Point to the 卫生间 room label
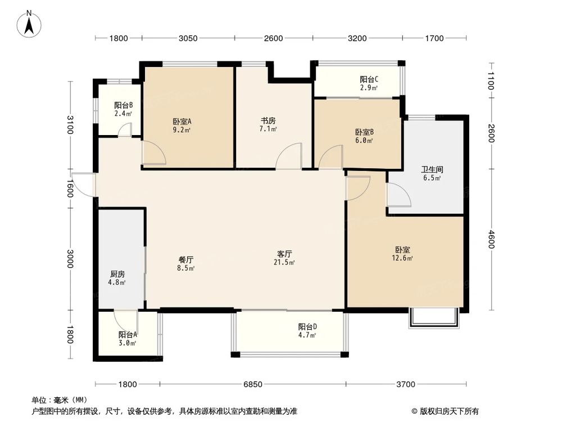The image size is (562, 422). tap(431, 173)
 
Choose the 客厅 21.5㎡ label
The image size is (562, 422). tap(283, 258)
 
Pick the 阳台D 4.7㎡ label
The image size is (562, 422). tap(307, 331)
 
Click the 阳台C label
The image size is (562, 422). tap(369, 83)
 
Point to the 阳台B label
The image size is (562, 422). tap(123, 109)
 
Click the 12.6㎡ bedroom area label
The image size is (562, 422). tap(402, 254)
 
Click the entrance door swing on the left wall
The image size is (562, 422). tap(83, 185)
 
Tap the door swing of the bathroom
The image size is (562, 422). tap(398, 195)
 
